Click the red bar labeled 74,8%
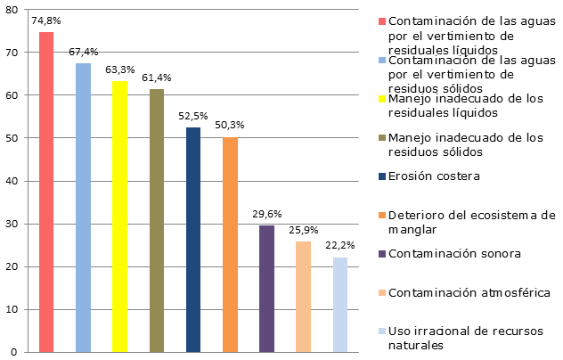[x=46, y=192]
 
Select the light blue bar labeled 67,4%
[x=83, y=208]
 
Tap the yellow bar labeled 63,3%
[x=119, y=217]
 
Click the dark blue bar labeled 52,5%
[x=193, y=240]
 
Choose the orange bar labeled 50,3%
[x=230, y=244]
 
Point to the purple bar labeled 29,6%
[x=266, y=289]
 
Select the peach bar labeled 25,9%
[x=303, y=297]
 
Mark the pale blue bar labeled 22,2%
[x=340, y=305]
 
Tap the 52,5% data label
[x=193, y=117]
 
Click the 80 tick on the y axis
[x=11, y=10]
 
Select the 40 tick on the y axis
[x=11, y=181]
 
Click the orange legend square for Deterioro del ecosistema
[x=382, y=215]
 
